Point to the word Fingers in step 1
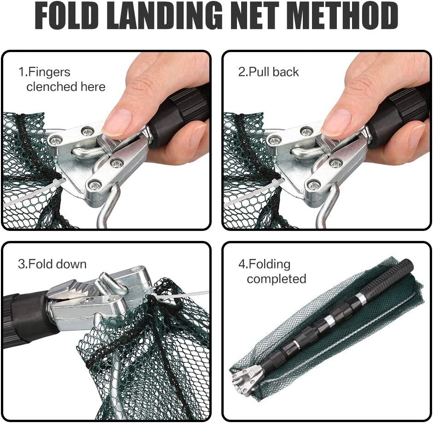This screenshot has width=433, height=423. [47, 72]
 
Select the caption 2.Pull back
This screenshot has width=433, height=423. [268, 72]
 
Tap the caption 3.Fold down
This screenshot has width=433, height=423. [52, 264]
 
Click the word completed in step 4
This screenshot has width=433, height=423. [276, 279]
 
